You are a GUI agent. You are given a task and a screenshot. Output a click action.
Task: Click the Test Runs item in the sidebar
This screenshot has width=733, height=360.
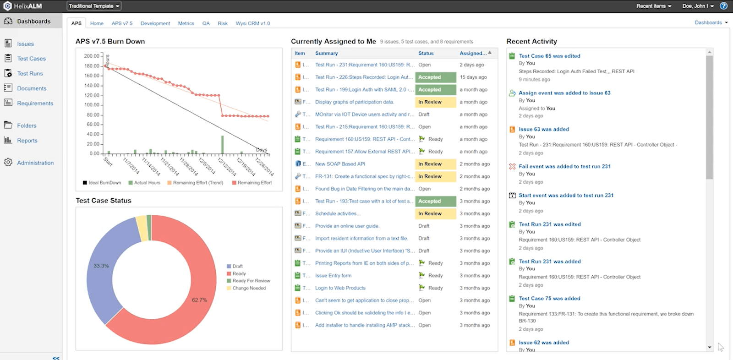(x=30, y=73)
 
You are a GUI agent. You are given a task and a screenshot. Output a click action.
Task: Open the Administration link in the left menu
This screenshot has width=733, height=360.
(x=35, y=163)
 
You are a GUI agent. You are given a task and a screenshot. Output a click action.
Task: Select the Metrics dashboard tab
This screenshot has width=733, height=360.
(x=186, y=23)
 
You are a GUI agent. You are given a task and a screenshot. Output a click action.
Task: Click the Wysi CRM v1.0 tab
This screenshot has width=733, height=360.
(x=252, y=23)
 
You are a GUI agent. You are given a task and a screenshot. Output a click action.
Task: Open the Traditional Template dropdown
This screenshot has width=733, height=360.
(x=94, y=6)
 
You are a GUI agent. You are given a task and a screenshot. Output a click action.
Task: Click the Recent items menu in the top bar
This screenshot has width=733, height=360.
(x=654, y=6)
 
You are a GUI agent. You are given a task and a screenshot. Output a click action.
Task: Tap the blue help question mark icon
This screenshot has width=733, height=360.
(x=724, y=6)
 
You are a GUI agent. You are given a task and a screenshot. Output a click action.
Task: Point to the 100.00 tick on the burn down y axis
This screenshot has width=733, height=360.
(x=92, y=105)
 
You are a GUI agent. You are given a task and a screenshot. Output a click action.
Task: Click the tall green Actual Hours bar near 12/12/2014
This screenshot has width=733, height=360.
(x=223, y=144)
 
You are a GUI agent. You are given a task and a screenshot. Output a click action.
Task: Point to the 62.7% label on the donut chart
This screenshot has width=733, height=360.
(x=199, y=300)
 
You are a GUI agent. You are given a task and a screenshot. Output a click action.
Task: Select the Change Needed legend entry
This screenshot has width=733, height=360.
(x=249, y=288)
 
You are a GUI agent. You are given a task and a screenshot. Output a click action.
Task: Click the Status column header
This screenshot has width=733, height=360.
(x=426, y=53)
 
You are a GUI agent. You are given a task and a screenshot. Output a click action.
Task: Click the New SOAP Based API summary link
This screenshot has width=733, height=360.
(x=340, y=164)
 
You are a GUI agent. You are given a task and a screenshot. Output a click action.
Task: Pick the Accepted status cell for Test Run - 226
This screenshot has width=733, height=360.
(x=435, y=77)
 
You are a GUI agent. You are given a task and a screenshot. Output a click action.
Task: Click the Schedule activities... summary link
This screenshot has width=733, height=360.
(x=338, y=213)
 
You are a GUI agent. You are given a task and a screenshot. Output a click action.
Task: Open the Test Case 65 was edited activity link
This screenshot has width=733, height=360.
(x=549, y=56)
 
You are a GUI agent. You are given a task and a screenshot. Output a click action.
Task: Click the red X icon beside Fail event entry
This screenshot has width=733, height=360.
(x=512, y=166)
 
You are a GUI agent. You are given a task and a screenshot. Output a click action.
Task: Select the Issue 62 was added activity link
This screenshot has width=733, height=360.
(x=544, y=343)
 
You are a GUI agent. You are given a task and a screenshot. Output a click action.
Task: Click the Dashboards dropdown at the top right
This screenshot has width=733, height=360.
(x=711, y=22)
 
